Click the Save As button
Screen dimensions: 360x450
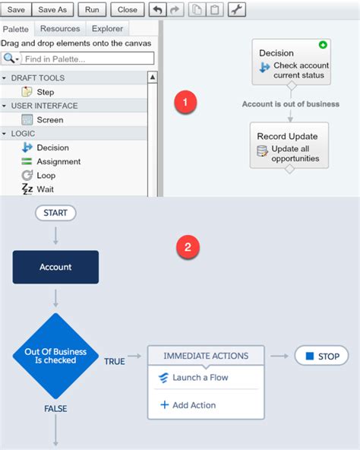pos(52,9)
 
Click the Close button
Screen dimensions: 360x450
pos(128,9)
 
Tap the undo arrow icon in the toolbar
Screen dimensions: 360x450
pos(157,9)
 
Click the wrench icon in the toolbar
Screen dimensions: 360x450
pos(237,9)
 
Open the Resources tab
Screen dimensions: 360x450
pos(60,29)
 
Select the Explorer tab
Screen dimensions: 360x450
pos(107,29)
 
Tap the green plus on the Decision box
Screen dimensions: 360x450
pos(323,45)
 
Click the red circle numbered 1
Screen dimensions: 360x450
pos(185,102)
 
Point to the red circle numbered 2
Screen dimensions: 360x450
pos(188,247)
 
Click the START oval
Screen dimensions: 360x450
pos(55,213)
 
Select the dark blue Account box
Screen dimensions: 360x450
pos(55,267)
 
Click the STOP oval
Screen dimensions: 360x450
pos(321,356)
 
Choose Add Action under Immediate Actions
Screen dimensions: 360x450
pos(188,405)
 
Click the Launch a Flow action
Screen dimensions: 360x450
pos(194,377)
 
